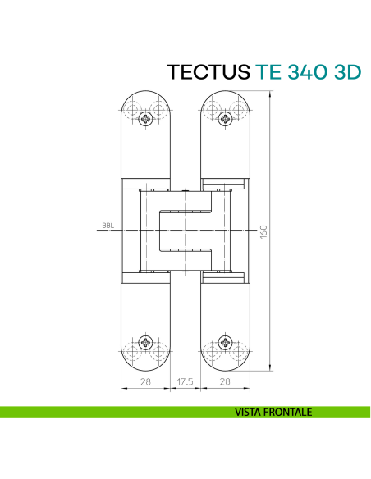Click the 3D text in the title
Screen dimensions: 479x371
[x=346, y=71]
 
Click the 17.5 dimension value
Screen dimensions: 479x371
[x=185, y=382]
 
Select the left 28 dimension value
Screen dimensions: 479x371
[x=145, y=382]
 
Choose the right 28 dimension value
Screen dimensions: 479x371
[x=223, y=382]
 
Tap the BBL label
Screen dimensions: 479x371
[x=108, y=226]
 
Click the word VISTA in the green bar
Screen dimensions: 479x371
[x=252, y=413]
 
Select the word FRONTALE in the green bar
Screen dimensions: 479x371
[x=289, y=413]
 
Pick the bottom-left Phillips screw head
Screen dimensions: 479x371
[x=146, y=344]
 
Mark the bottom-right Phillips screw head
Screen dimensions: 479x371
[x=223, y=344]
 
